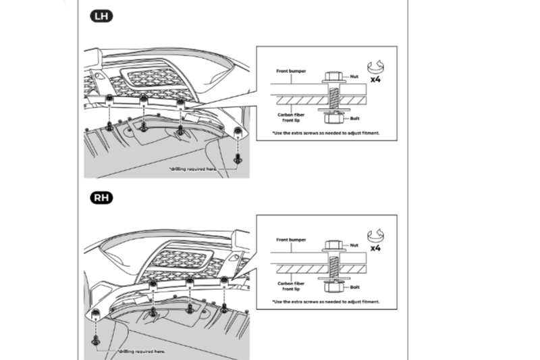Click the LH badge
102,16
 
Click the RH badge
102,198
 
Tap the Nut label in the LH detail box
353,78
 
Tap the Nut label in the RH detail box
353,246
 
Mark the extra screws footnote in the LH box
326,133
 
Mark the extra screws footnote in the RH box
326,302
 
